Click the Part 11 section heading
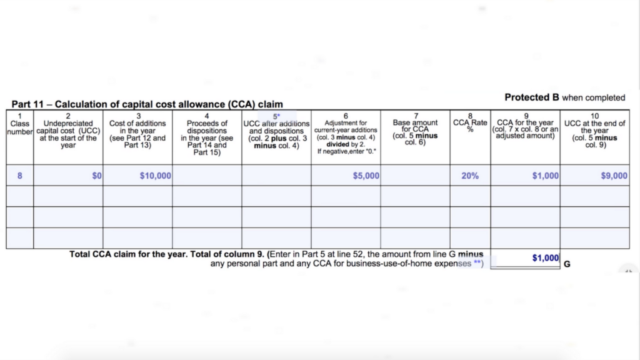[147, 104]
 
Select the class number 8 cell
[19, 176]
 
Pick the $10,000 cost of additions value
[156, 176]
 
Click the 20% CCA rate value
[470, 176]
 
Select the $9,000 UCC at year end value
[614, 176]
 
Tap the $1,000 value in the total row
[545, 257]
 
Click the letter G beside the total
[567, 264]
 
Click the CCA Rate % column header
[470, 124]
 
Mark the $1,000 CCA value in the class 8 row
[545, 176]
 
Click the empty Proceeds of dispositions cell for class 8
[207, 176]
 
